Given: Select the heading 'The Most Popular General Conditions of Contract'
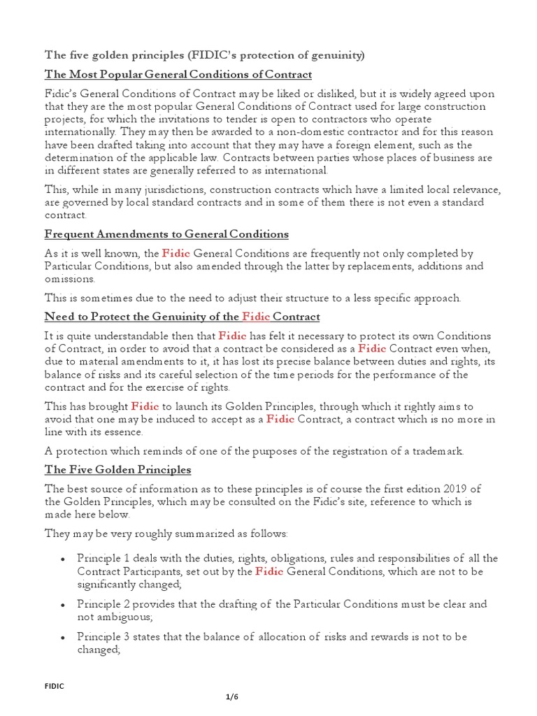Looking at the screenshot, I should [x=178, y=74].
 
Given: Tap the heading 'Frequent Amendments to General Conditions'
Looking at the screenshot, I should [x=166, y=234].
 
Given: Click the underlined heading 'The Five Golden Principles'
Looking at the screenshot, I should [x=117, y=469].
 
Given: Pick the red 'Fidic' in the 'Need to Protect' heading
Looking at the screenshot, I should [x=255, y=317].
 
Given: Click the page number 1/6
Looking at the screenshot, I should [x=232, y=699].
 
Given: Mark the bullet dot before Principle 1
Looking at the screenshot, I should [x=63, y=558].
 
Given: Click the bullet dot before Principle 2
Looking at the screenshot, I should [x=63, y=604].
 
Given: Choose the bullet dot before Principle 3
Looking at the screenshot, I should [x=63, y=637].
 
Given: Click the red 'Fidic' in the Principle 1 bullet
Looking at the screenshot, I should [x=268, y=571].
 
